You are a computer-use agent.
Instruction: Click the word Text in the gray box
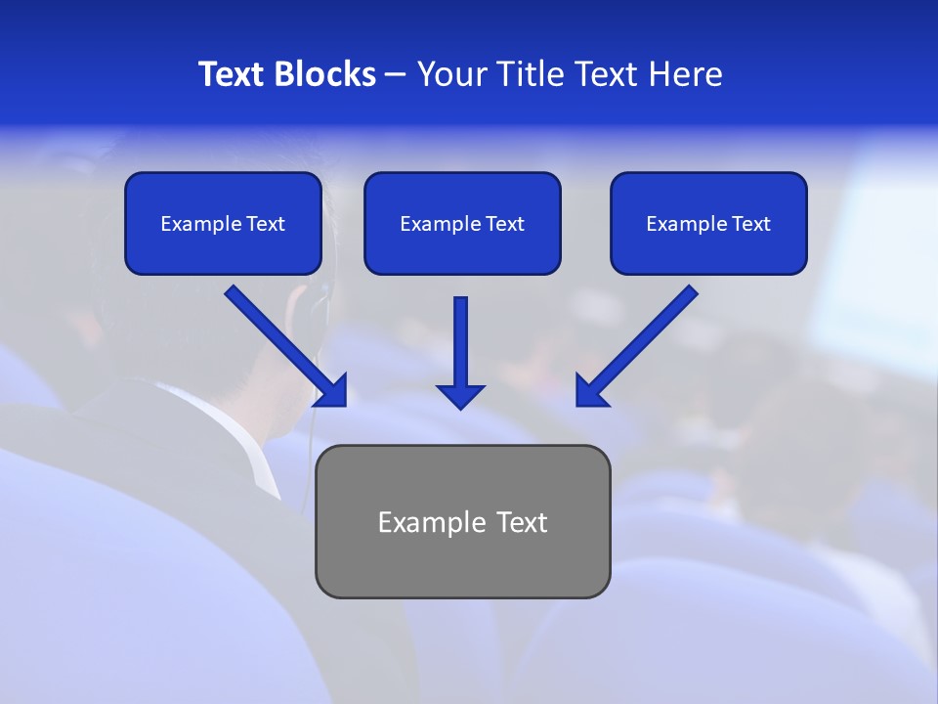[x=521, y=522]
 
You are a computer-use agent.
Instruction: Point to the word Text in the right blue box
[x=751, y=224]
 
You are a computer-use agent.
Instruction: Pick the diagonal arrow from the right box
[x=639, y=344]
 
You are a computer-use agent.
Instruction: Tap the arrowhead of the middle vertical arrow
[x=460, y=396]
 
